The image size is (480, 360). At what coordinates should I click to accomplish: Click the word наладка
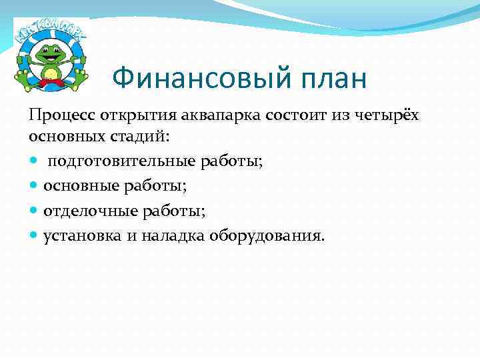point(174,236)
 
